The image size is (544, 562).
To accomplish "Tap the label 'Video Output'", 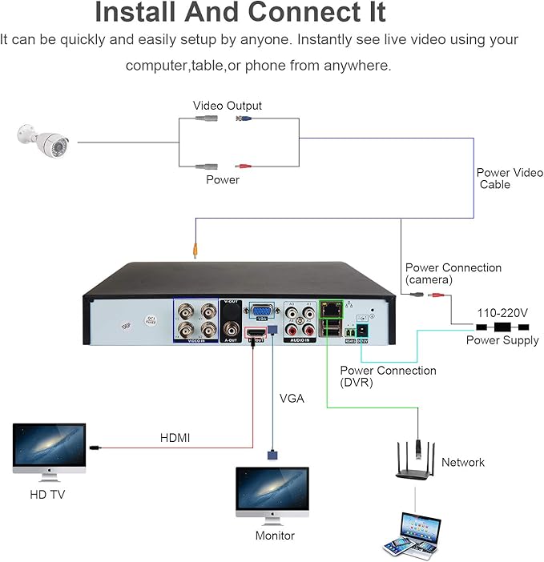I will [227, 106].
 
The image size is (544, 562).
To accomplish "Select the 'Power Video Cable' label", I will [509, 179].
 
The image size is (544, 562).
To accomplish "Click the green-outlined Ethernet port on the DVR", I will [330, 307].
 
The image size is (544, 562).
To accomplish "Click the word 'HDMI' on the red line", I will [175, 438].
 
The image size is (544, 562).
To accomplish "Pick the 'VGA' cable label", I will [292, 398].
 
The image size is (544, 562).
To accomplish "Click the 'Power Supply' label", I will [503, 340].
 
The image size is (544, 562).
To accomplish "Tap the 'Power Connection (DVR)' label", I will [388, 376].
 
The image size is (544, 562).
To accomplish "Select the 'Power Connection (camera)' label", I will [453, 273].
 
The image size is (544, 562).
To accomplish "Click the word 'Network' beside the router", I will [463, 462].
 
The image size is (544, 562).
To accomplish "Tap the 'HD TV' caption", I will [47, 495].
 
